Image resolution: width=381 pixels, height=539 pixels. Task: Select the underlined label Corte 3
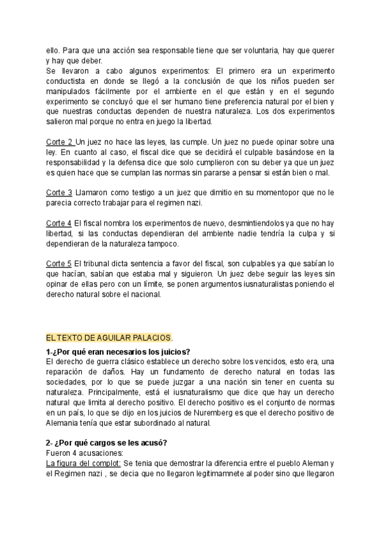[60, 191]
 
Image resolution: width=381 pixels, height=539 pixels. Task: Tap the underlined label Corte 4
[60, 223]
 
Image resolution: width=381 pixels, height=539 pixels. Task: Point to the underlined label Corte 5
[60, 263]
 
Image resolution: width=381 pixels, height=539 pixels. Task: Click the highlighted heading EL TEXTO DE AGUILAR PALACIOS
[109, 337]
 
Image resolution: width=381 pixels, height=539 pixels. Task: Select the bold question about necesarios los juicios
[118, 351]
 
